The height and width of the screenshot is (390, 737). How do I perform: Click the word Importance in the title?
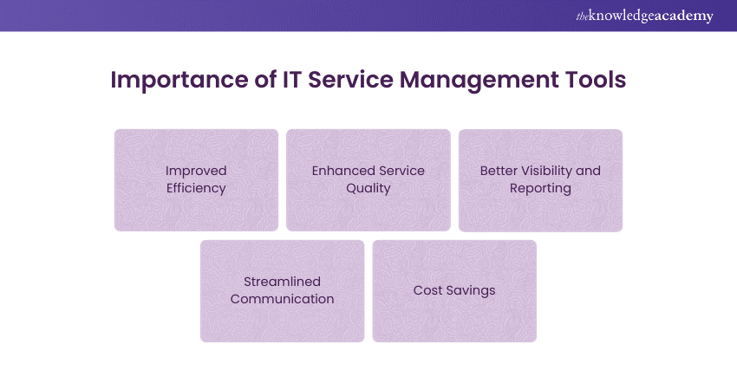pyautogui.click(x=180, y=81)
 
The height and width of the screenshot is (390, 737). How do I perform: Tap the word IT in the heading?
pyautogui.click(x=291, y=80)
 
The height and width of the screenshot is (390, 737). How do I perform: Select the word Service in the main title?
pyautogui.click(x=350, y=80)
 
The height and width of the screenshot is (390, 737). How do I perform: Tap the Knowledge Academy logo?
pyautogui.click(x=644, y=16)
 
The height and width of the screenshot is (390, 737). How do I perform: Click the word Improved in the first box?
pyautogui.click(x=196, y=171)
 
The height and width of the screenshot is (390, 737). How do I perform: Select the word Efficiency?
pyautogui.click(x=196, y=188)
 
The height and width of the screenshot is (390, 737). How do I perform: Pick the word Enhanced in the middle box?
pyautogui.click(x=339, y=171)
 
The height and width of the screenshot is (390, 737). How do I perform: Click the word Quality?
pyautogui.click(x=368, y=188)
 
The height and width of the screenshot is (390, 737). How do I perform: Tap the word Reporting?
pyautogui.click(x=540, y=188)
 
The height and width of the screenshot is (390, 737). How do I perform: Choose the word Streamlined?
pyautogui.click(x=282, y=282)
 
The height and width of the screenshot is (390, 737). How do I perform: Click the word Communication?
pyautogui.click(x=282, y=299)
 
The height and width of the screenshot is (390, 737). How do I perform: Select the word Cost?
pyautogui.click(x=427, y=290)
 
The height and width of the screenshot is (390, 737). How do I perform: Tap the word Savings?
pyautogui.click(x=471, y=291)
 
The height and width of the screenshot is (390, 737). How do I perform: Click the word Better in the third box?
pyautogui.click(x=499, y=171)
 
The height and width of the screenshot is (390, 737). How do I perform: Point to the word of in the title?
pyautogui.click(x=266, y=80)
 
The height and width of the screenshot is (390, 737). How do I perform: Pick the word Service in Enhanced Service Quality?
pyautogui.click(x=398, y=171)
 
